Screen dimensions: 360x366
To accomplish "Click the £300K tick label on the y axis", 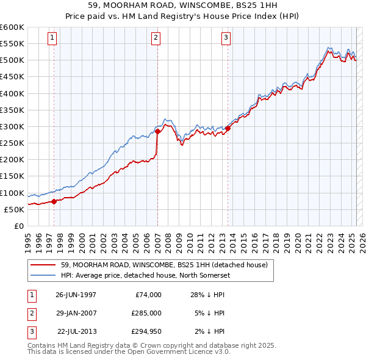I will point(12,126).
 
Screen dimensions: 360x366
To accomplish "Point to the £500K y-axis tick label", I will point(12,60).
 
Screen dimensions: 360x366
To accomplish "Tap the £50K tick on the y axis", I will point(14,209).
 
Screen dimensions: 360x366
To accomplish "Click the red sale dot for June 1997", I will point(54,201).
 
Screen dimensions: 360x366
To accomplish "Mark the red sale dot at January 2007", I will point(157,131).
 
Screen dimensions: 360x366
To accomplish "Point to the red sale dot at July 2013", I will point(228,128).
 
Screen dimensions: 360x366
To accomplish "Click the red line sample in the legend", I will point(43,265).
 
